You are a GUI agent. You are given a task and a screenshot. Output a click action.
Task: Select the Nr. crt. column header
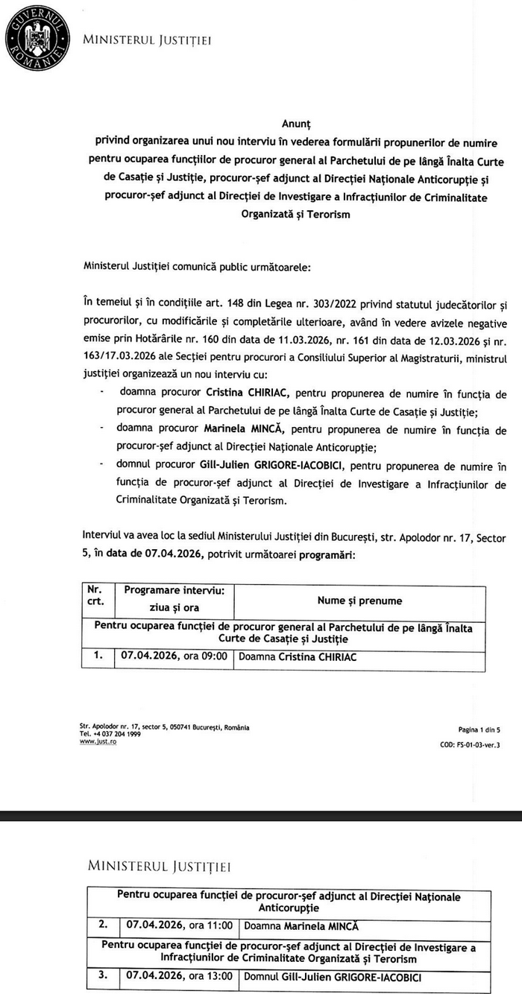94,595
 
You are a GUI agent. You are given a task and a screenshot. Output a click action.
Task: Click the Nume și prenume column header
359,601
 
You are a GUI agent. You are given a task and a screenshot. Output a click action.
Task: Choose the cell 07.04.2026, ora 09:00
174,657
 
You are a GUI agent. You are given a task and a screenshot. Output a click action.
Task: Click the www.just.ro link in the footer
98,742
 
